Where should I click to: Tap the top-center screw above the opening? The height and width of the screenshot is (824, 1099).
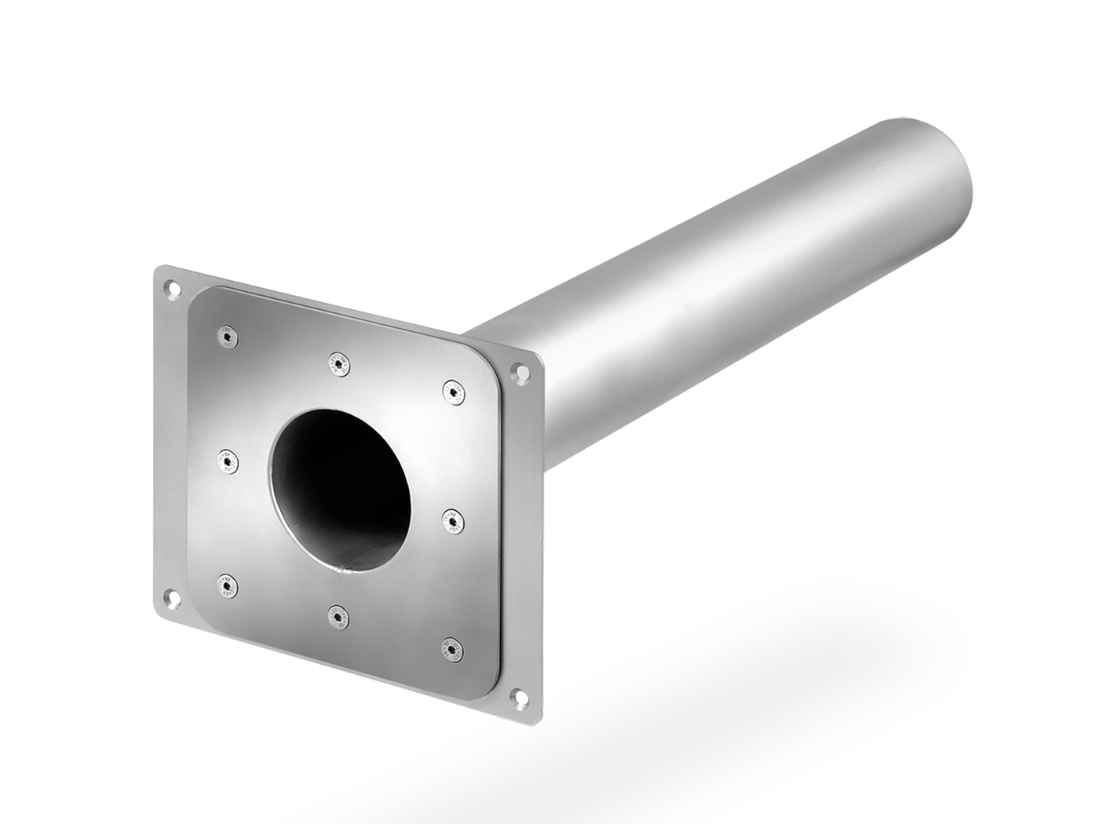click(x=339, y=363)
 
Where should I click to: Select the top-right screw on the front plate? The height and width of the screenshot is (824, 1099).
click(x=453, y=391)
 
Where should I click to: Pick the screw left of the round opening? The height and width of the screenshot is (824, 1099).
click(x=228, y=461)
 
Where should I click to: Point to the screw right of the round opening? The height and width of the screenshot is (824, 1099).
click(x=453, y=520)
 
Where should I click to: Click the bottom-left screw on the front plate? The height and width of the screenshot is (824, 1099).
click(x=228, y=585)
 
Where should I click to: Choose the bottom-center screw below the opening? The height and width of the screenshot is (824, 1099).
click(x=339, y=616)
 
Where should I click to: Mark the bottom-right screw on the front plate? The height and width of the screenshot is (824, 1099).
click(x=452, y=650)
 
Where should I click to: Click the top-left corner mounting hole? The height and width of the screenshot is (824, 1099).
click(x=170, y=288)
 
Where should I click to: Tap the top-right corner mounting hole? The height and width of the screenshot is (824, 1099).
click(x=519, y=374)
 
